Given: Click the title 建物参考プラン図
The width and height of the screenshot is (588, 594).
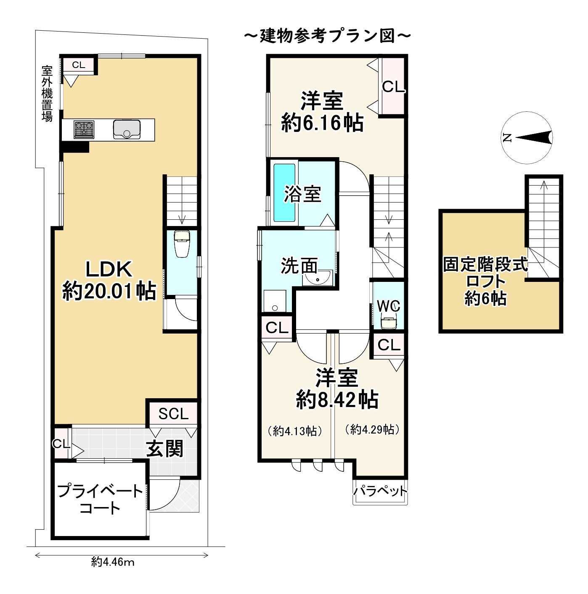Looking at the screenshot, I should (x=327, y=36).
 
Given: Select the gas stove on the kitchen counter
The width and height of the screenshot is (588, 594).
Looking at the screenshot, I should (x=84, y=129).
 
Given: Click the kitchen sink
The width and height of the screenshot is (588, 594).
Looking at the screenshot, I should (x=127, y=129).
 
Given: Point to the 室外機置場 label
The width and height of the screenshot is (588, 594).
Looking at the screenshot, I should (x=47, y=93).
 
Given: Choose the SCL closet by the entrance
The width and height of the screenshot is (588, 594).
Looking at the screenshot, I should (x=173, y=414).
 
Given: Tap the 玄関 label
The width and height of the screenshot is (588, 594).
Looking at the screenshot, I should (x=164, y=449).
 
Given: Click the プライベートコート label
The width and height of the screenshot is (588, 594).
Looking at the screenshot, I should (x=100, y=499).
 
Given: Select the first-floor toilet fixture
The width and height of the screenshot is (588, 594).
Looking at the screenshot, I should (x=182, y=244).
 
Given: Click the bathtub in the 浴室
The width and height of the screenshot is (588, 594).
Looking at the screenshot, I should (x=285, y=193).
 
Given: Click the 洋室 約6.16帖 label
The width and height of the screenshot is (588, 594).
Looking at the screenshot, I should (x=322, y=112).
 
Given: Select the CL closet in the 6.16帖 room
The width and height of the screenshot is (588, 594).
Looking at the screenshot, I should (x=393, y=87).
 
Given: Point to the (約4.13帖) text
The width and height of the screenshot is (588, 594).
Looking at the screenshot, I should (x=294, y=431).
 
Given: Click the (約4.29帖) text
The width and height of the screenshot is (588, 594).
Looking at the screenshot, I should (x=371, y=429).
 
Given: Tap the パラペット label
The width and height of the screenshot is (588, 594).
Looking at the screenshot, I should (x=380, y=491).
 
